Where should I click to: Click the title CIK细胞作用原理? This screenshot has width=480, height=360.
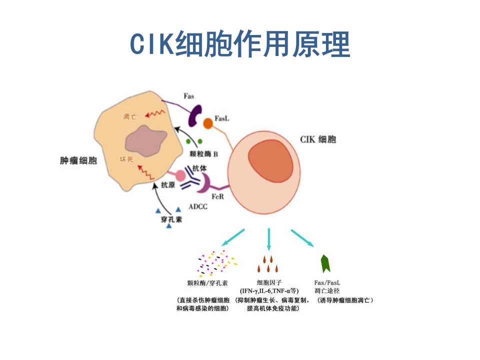240,43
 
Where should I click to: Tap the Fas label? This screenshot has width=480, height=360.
188,96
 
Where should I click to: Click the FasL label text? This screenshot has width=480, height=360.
221,118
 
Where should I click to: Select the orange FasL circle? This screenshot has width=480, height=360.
208,123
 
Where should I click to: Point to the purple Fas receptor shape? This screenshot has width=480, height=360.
194,115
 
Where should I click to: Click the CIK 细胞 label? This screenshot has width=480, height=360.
318,139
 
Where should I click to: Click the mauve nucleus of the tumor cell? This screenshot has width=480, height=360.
145,140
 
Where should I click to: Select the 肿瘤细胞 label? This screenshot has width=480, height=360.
78,160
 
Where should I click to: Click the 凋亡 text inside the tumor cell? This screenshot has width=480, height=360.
130,116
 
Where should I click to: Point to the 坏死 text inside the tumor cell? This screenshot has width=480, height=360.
126,159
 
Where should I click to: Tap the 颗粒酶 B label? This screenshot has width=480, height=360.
203,153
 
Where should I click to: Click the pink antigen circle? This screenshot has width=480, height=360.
180,175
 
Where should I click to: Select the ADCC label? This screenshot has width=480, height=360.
198,206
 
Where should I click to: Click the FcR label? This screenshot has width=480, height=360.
217,196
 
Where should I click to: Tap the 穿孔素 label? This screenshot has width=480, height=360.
171,219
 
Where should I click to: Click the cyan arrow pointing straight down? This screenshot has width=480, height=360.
269,239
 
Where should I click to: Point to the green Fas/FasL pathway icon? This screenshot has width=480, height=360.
325,263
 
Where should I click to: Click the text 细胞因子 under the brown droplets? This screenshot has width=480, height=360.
269,282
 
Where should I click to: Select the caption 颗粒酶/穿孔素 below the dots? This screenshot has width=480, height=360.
207,283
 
